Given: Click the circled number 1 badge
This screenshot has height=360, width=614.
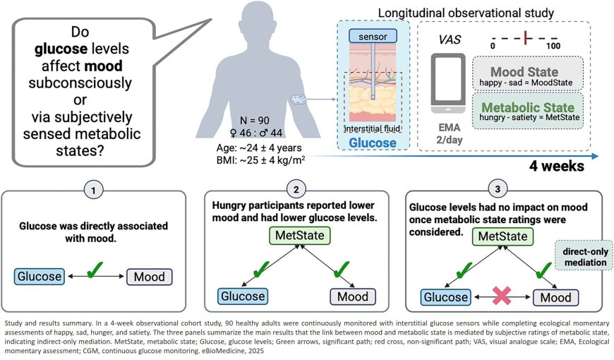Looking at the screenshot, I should pyautogui.click(x=95, y=190).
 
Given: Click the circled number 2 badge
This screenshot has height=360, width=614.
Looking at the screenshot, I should pyautogui.click(x=296, y=190).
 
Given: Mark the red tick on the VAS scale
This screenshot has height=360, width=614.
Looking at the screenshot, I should pyautogui.click(x=526, y=37).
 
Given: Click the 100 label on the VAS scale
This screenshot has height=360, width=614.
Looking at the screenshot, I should pyautogui.click(x=553, y=46).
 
